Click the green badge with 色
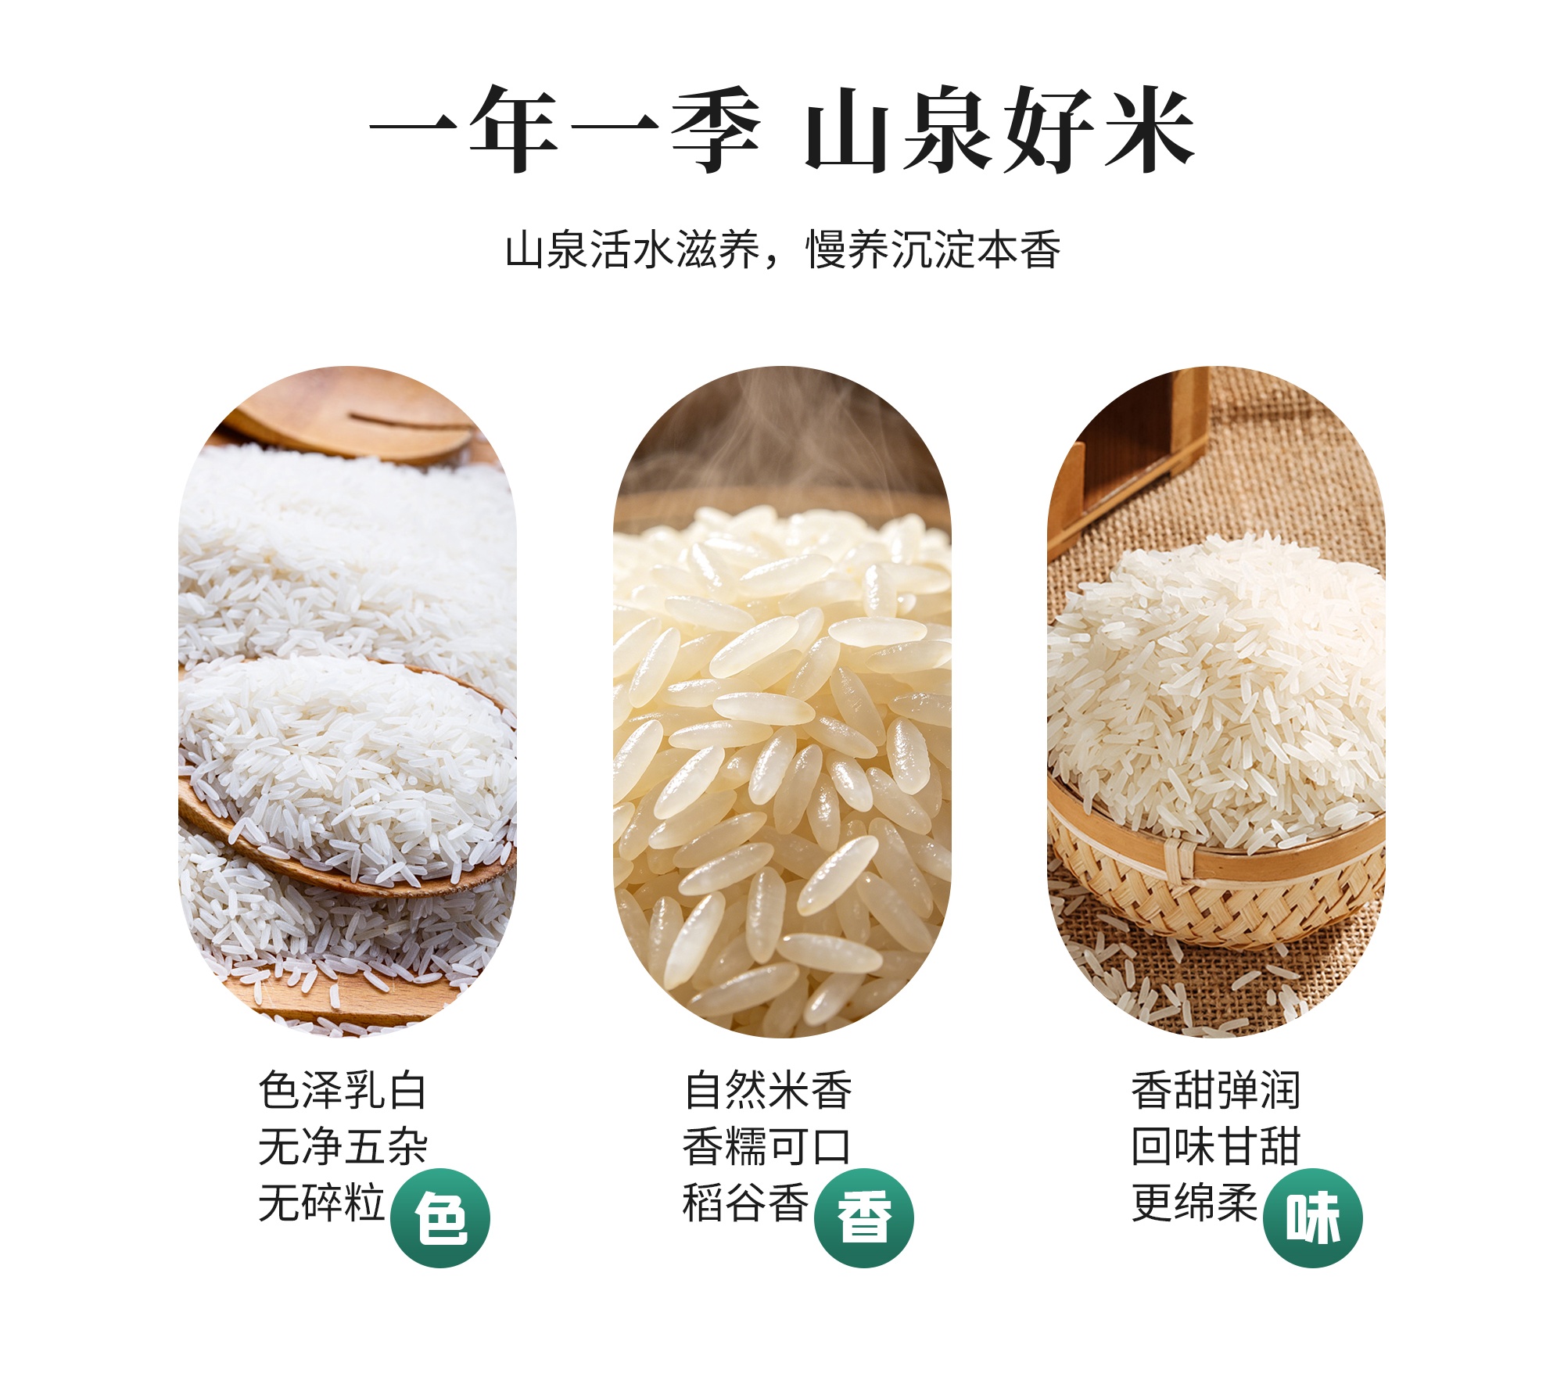(x=440, y=1217)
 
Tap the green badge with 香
(x=864, y=1217)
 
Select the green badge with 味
(x=1313, y=1217)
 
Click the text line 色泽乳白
(x=343, y=1090)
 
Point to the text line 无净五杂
(x=343, y=1146)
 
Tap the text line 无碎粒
(x=321, y=1203)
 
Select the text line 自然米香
(x=768, y=1090)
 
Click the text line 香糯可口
(x=766, y=1146)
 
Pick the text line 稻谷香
(x=746, y=1203)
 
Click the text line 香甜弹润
(x=1216, y=1090)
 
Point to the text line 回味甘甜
(x=1216, y=1146)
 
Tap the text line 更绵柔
(x=1195, y=1203)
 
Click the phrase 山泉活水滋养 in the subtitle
(x=633, y=250)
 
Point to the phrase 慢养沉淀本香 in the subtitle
(x=934, y=250)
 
